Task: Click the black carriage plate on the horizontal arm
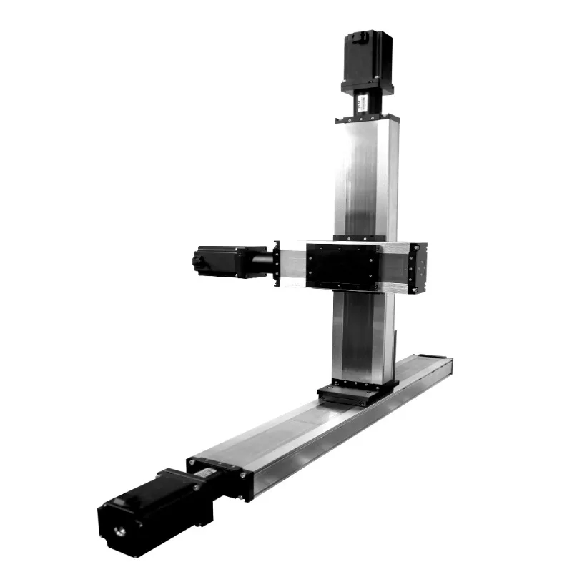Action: [342, 265]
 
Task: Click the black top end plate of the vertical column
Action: [365, 119]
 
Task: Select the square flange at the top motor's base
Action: [368, 87]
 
